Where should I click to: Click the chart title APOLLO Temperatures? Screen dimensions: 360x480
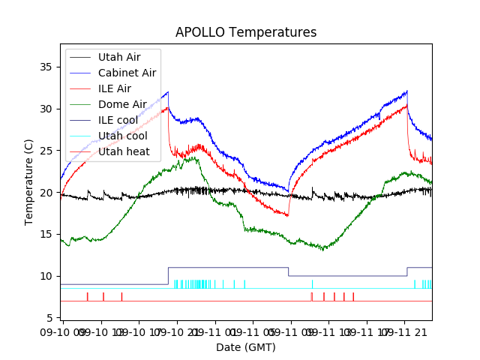coord(246,33)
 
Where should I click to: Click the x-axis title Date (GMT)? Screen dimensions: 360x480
coord(246,347)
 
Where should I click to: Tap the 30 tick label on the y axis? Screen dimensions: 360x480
coord(48,109)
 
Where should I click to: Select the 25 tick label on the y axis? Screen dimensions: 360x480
coord(48,151)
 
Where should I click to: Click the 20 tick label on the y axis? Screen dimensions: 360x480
coord(48,193)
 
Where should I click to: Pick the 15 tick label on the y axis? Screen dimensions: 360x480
coord(48,235)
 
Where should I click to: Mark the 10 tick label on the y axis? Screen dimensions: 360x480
coord(48,277)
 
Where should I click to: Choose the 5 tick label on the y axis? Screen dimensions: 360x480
coord(51,319)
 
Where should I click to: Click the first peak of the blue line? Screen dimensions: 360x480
coord(168,92)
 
